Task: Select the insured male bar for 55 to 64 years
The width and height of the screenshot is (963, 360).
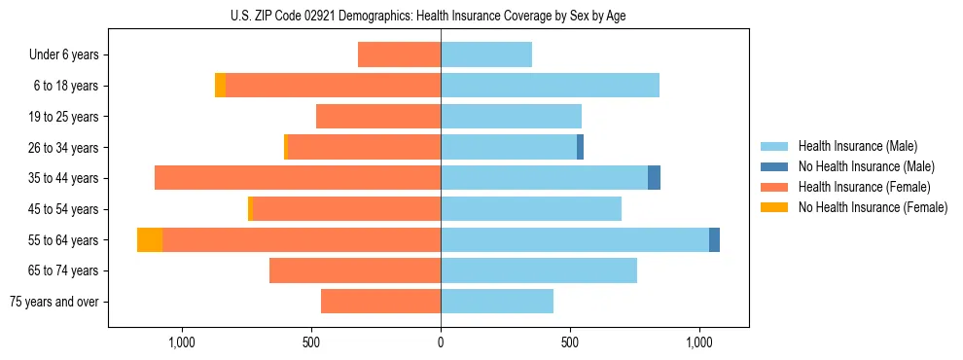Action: [574, 239]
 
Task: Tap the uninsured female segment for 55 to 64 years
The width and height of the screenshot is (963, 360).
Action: [150, 239]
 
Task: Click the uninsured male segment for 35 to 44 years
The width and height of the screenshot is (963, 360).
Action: [654, 178]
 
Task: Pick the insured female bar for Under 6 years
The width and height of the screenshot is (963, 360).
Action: [399, 54]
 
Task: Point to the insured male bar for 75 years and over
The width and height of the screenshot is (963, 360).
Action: [497, 302]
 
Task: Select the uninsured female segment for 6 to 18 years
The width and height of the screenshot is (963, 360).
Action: [221, 86]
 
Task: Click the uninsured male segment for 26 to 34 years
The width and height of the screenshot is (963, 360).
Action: [581, 147]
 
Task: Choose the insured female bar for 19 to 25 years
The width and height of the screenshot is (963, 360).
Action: [378, 117]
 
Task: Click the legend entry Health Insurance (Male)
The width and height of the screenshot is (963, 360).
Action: [857, 146]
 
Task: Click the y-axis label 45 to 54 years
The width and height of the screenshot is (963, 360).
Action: [65, 209]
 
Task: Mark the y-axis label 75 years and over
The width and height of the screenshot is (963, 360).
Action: [54, 302]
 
